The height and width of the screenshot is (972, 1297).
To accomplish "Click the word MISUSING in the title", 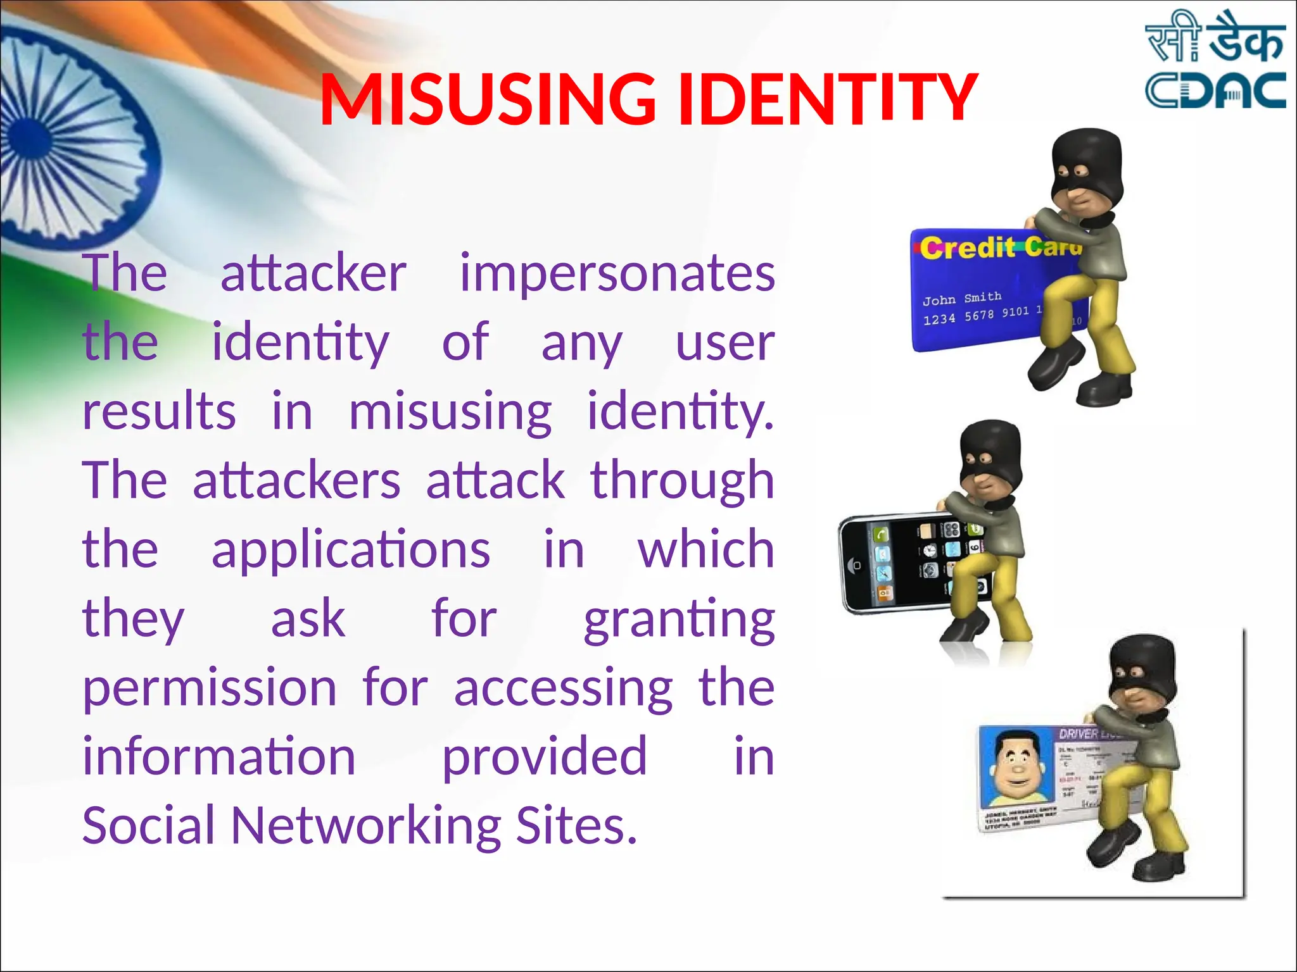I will click(x=488, y=99).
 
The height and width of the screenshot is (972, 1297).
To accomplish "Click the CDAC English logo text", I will click(x=1215, y=90).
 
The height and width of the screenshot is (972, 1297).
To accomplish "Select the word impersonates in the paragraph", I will click(x=617, y=273).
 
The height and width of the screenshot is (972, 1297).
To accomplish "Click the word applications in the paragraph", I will click(x=351, y=549).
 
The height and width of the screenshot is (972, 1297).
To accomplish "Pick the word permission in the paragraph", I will click(x=210, y=688).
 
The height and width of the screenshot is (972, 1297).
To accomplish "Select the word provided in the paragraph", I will click(x=545, y=757).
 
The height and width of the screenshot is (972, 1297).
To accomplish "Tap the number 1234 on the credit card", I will click(x=939, y=320).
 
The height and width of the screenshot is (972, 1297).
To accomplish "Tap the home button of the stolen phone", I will click(x=856, y=566).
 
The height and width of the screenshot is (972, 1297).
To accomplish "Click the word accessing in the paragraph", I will click(x=563, y=688).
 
